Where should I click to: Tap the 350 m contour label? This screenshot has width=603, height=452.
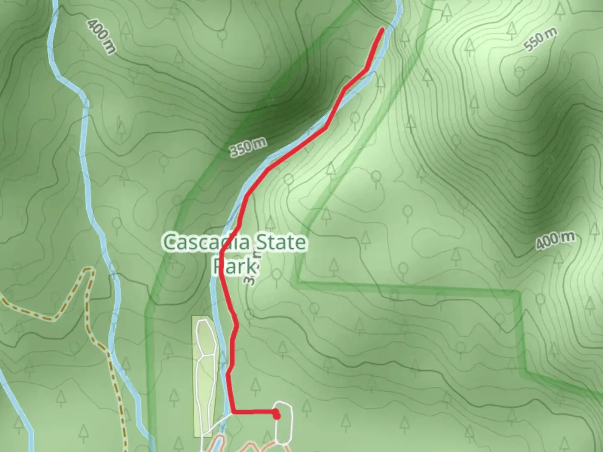(x=248, y=147)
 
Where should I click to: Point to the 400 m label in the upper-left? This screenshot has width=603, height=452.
(x=101, y=36)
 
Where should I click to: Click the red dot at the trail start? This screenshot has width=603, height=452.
(x=276, y=416)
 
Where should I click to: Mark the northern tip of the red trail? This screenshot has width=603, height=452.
(x=382, y=29)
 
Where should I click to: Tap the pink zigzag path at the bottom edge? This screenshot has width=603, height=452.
(x=243, y=446)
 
